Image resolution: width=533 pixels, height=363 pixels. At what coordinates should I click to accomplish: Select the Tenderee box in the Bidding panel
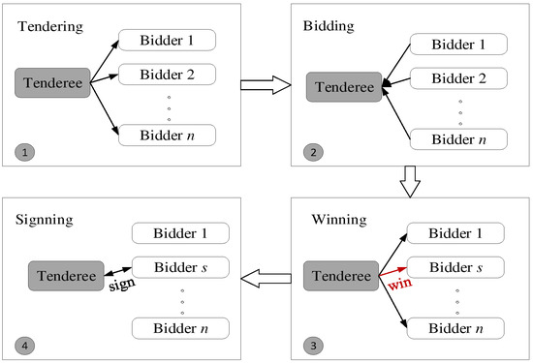tap(345, 86)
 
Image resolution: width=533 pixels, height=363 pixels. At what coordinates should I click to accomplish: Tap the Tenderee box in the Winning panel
tap(345, 276)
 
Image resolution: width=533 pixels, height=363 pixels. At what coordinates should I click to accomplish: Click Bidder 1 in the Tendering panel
tap(166, 41)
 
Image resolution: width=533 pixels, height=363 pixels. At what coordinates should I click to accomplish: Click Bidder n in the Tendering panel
tap(166, 134)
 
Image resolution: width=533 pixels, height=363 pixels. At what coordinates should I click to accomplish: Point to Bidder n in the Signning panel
tap(180, 326)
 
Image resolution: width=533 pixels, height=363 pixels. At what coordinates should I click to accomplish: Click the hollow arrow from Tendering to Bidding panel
tap(267, 88)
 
